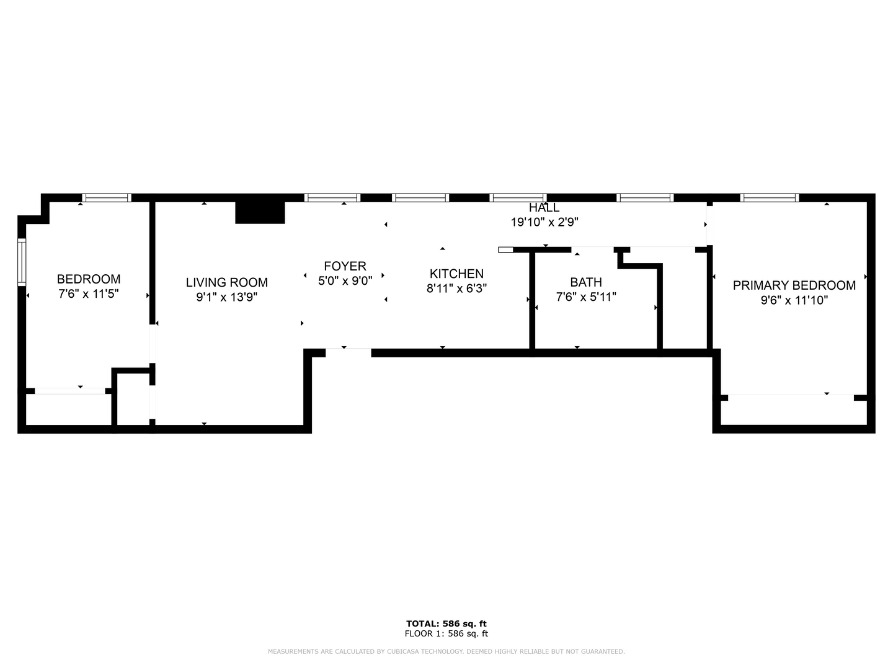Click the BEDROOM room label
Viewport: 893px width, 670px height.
click(x=89, y=279)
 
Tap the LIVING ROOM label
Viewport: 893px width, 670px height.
click(x=227, y=282)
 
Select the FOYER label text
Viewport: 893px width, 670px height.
click(x=345, y=266)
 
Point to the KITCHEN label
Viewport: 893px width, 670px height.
click(x=456, y=274)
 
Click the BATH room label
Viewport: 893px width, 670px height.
click(x=586, y=282)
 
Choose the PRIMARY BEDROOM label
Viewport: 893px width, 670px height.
click(x=794, y=285)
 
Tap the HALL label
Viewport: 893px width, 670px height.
click(x=544, y=207)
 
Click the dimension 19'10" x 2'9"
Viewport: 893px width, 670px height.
click(x=544, y=222)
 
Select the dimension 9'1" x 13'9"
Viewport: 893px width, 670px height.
click(x=227, y=297)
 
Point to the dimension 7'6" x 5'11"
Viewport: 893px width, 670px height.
click(x=586, y=297)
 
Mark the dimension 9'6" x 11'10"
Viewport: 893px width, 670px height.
click(x=794, y=300)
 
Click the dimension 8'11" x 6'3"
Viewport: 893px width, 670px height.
click(x=456, y=288)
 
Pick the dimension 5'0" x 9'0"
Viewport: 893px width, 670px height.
click(x=345, y=280)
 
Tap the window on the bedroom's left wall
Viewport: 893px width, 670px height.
click(x=22, y=262)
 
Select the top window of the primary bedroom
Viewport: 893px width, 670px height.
click(x=770, y=198)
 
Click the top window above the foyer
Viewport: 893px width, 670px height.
click(x=332, y=198)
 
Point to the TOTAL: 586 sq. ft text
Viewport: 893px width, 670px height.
click(x=446, y=623)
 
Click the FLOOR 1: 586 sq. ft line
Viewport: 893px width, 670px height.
click(x=446, y=633)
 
